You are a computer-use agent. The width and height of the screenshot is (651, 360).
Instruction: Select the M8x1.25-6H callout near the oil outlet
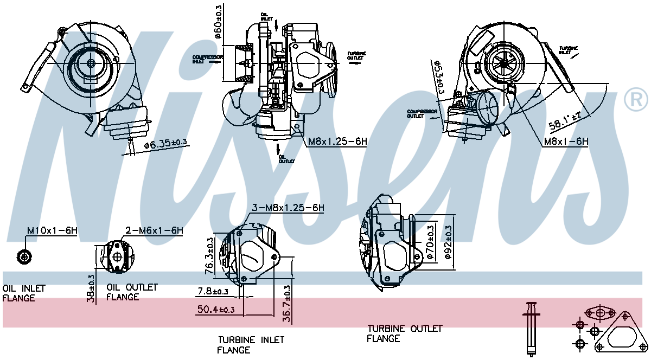(337, 142)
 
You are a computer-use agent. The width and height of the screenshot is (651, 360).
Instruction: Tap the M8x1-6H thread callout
(566, 142)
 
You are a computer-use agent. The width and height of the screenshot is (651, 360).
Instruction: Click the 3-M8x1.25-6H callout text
(288, 208)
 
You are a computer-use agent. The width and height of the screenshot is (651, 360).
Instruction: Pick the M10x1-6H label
(52, 230)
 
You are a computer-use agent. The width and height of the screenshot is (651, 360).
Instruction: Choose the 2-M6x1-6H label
(154, 230)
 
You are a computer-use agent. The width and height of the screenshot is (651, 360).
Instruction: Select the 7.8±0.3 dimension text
(213, 292)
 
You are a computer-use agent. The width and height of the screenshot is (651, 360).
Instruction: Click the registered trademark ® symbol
(636, 99)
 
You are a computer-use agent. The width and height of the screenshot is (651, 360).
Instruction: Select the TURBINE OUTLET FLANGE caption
(404, 333)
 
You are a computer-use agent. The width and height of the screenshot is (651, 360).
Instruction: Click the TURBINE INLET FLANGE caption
(251, 345)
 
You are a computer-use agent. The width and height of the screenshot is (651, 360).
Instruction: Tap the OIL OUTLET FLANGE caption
(131, 292)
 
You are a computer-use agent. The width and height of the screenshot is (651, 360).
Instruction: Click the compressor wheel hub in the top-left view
(91, 63)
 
